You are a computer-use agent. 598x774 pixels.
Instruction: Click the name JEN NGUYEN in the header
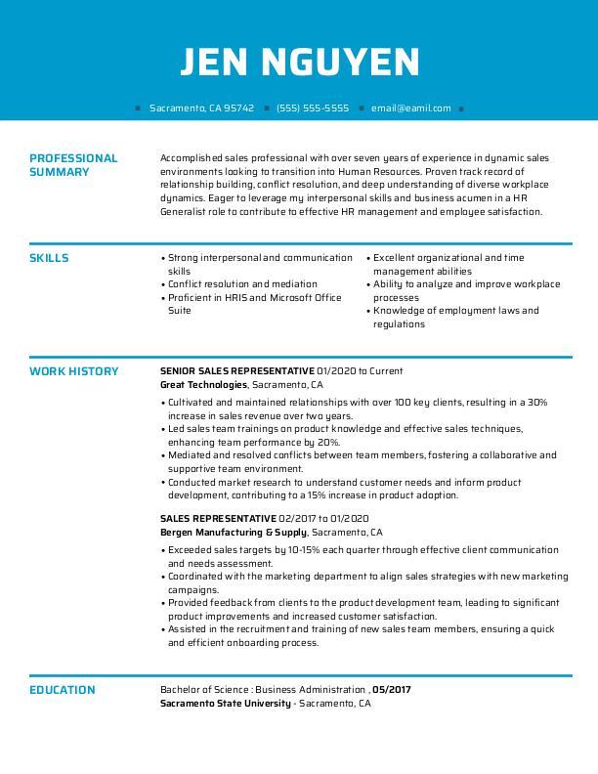pyautogui.click(x=299, y=63)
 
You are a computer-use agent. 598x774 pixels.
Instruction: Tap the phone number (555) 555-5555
pyautogui.click(x=312, y=108)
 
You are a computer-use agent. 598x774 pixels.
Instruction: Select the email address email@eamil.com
pyautogui.click(x=410, y=108)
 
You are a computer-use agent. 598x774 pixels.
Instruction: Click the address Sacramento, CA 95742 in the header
pyautogui.click(x=201, y=108)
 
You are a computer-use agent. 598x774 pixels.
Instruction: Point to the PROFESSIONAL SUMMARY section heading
pyautogui.click(x=73, y=164)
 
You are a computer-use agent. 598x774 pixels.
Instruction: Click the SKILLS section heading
pyautogui.click(x=49, y=258)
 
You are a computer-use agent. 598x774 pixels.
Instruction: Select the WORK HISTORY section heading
pyautogui.click(x=73, y=371)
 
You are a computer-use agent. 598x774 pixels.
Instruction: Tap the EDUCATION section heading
pyautogui.click(x=62, y=690)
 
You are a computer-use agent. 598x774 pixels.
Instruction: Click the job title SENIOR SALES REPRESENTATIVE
pyautogui.click(x=236, y=371)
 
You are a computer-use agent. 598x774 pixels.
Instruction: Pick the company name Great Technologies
pyautogui.click(x=203, y=385)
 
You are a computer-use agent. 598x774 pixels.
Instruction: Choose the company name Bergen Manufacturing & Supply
pyautogui.click(x=234, y=533)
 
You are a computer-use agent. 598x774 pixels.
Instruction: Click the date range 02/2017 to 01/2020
pyautogui.click(x=323, y=519)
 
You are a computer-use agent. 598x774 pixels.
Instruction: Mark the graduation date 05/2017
pyautogui.click(x=392, y=690)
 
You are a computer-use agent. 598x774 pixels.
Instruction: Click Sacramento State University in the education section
pyautogui.click(x=225, y=704)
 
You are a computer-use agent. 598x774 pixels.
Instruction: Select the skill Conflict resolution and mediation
pyautogui.click(x=242, y=284)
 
